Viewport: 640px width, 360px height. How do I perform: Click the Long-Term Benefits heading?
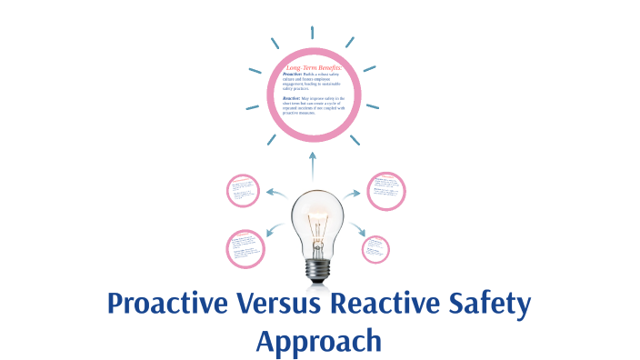click(313, 67)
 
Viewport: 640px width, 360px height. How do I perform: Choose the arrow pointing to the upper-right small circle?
click(353, 193)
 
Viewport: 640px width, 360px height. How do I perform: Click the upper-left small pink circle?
click(244, 191)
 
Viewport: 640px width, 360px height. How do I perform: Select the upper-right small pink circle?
click(385, 191)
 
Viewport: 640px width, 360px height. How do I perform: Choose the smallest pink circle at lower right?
click(375, 249)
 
